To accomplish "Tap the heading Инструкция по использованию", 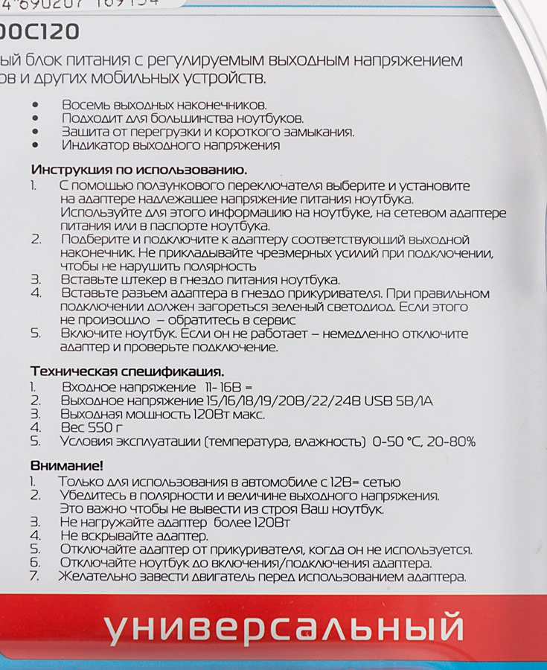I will [139, 170].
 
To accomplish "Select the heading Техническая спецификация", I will [127, 371].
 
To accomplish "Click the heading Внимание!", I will [67, 466].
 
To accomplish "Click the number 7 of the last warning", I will [33, 576].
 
